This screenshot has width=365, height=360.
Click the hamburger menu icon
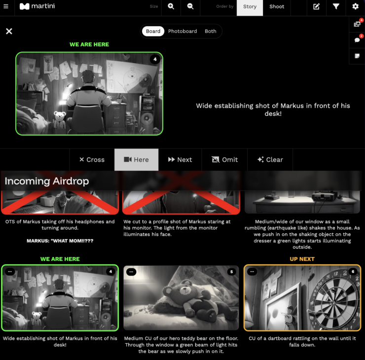[x=6, y=6]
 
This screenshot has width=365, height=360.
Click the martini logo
[x=37, y=6]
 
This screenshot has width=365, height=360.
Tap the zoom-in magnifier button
[x=171, y=6]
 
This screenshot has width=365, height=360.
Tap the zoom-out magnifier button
[x=190, y=6]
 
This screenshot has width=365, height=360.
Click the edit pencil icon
[x=316, y=6]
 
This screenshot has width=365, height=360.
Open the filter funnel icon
[x=336, y=6]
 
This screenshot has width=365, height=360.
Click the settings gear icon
[x=355, y=6]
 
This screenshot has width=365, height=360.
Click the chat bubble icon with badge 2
[x=357, y=40]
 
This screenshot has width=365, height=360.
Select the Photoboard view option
[x=182, y=31]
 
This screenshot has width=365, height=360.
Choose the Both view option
[x=211, y=31]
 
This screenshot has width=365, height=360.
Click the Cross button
[x=92, y=160]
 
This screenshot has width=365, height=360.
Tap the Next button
[x=180, y=160]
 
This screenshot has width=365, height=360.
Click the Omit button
[x=224, y=160]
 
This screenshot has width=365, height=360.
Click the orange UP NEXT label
[x=302, y=259]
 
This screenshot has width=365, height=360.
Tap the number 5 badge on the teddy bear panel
[x=231, y=272]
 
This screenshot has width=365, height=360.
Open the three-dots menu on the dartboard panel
[x=252, y=272]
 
